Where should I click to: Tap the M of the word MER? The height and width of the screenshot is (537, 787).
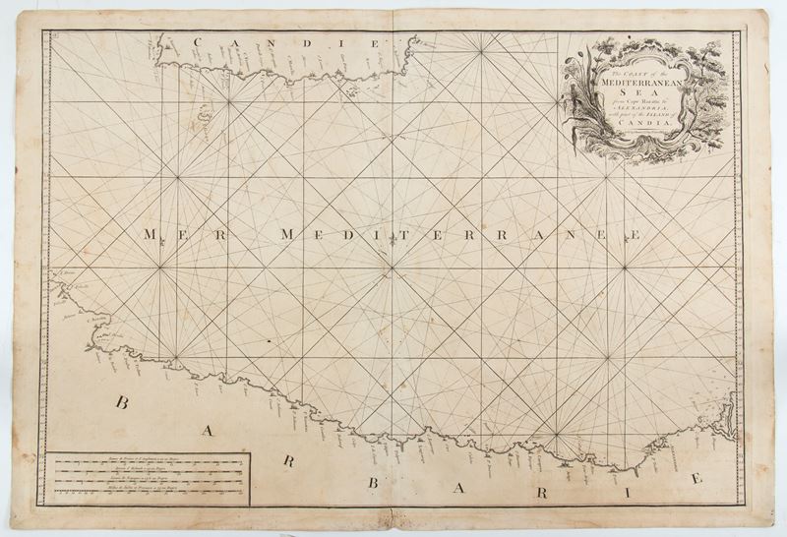coord(151,235)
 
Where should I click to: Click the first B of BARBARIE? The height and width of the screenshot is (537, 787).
coord(123,402)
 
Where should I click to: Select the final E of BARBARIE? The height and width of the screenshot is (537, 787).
coord(696,479)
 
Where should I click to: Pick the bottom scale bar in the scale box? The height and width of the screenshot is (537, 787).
coord(148,495)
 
